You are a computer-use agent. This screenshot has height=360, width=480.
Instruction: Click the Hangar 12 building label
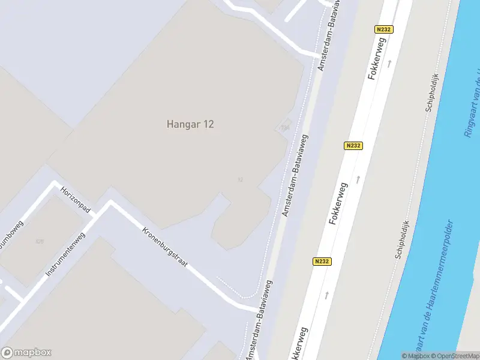click(x=190, y=124)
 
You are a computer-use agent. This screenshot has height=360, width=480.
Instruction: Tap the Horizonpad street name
click(x=75, y=200)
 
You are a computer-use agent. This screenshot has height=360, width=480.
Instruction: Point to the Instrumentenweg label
click(x=65, y=254)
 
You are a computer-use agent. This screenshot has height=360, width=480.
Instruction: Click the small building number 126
click(x=40, y=242)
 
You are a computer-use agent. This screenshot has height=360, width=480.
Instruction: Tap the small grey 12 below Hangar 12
click(x=240, y=179)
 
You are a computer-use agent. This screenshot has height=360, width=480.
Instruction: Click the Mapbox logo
click(x=26, y=353)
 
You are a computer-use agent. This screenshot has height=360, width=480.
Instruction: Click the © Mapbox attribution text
click(x=415, y=356)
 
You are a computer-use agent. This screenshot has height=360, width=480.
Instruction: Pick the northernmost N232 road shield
click(x=383, y=29)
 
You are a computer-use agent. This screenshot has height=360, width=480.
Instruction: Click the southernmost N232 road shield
click(x=321, y=262)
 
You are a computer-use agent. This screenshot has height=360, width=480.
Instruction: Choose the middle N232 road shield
click(x=353, y=146)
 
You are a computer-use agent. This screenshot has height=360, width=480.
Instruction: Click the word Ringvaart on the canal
click(x=471, y=114)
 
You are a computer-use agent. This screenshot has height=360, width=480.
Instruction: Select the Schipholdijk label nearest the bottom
click(x=402, y=239)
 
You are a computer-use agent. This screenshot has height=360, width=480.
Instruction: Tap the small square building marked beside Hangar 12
click(x=284, y=127)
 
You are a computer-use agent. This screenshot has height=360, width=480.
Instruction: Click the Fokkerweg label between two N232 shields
click(x=338, y=204)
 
